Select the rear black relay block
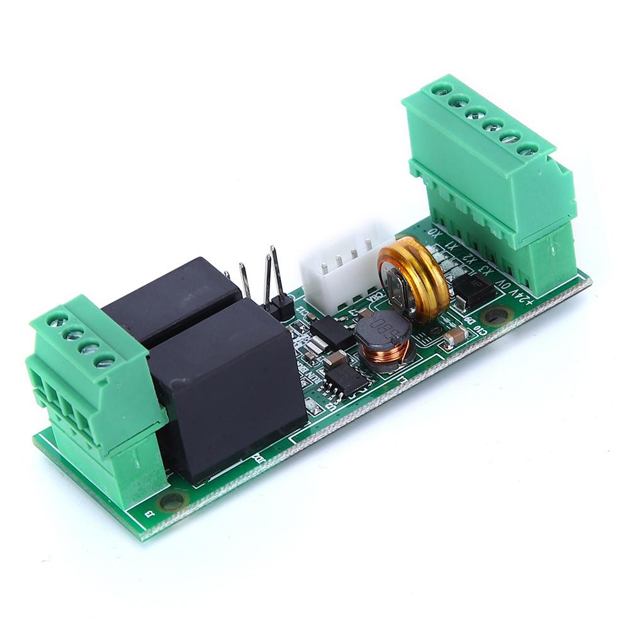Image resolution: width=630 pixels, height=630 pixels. coord(170,296)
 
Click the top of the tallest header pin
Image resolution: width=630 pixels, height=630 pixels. coord(273,250)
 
